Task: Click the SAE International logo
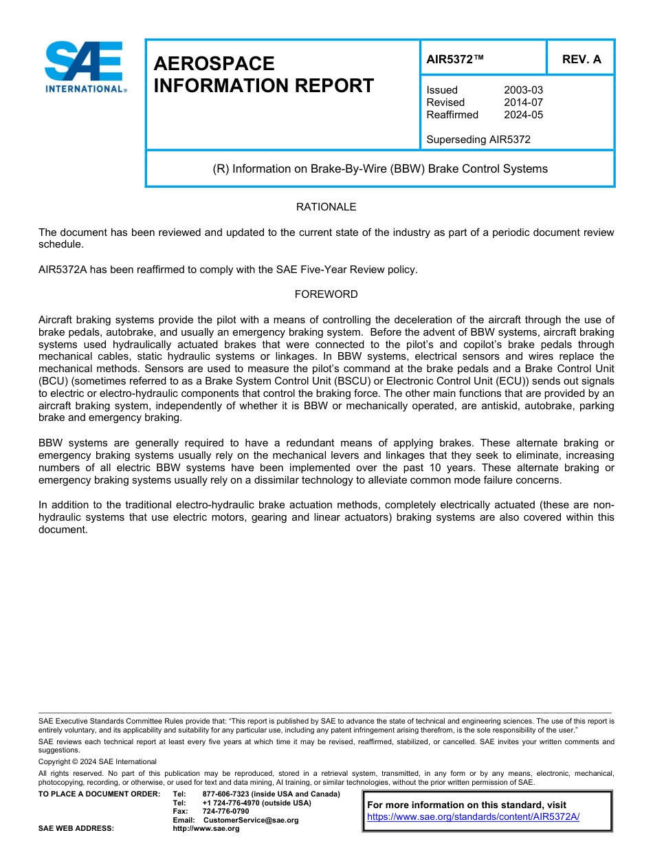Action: click(x=84, y=67)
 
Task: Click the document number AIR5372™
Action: click(x=455, y=60)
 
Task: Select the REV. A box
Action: click(x=581, y=60)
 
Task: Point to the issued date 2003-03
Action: click(x=523, y=90)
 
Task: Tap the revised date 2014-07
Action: click(x=523, y=102)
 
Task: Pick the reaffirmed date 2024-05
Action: click(x=523, y=115)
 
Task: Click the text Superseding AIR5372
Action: click(x=478, y=140)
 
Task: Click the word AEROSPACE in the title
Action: click(x=214, y=64)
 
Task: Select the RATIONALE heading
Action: click(x=326, y=207)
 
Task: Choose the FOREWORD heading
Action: click(x=326, y=294)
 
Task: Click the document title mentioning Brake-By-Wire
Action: click(x=380, y=169)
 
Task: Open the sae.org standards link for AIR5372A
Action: click(x=473, y=817)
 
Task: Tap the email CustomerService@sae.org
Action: click(x=251, y=820)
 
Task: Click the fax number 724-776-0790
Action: click(x=225, y=812)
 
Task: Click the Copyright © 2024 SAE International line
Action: click(x=98, y=761)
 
